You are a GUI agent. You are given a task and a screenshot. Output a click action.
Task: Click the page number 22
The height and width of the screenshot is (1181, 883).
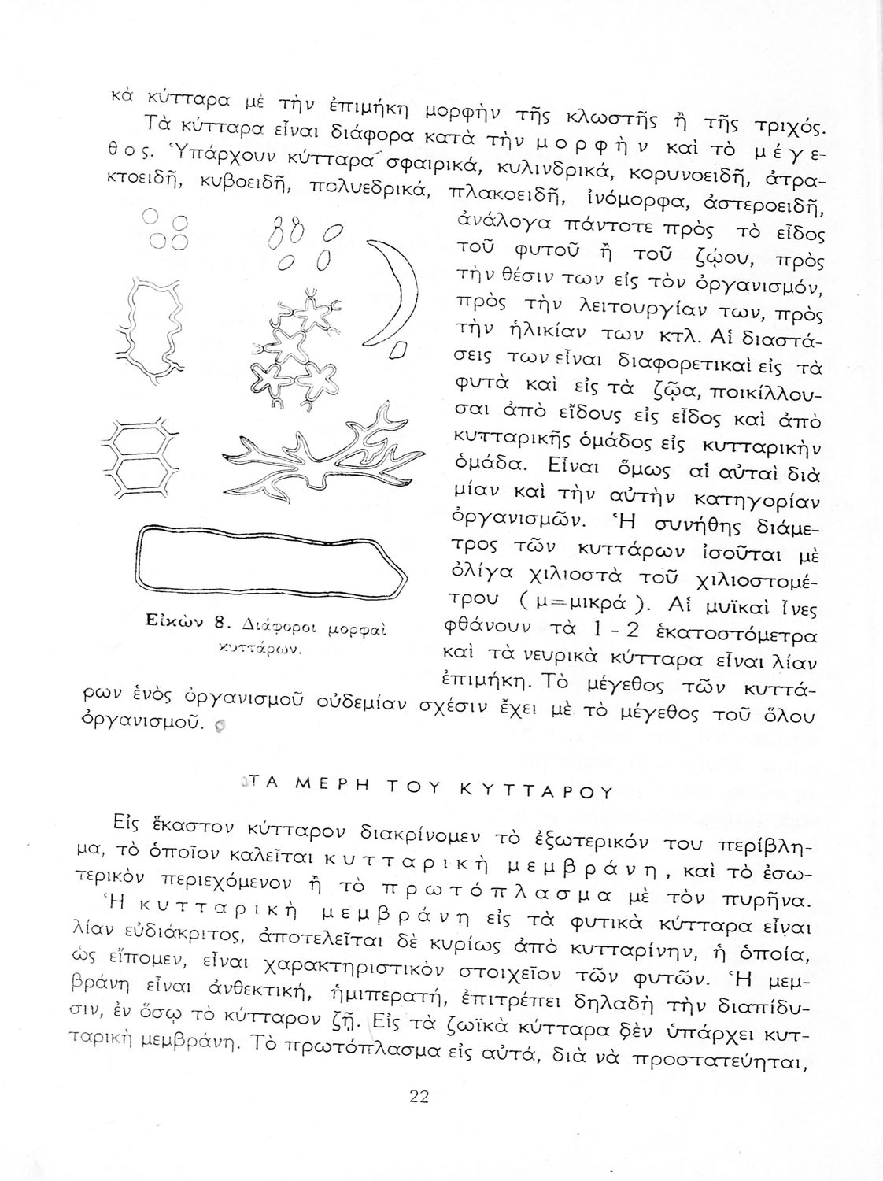[x=418, y=1096]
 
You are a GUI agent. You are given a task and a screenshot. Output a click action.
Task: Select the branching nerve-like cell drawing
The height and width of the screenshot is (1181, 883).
[x=315, y=457]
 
